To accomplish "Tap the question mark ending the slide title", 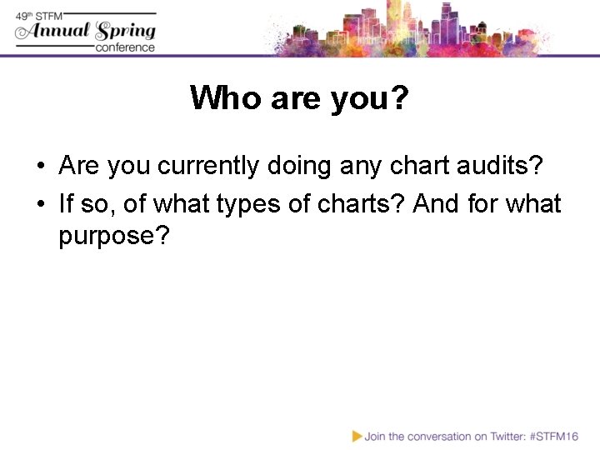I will pyautogui.click(x=399, y=98).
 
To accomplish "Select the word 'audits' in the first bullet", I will pyautogui.click(x=496, y=166).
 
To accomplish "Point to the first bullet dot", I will pyautogui.click(x=41, y=167).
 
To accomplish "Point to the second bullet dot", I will pyautogui.click(x=41, y=204).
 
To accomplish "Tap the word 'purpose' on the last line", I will pyautogui.click(x=106, y=236).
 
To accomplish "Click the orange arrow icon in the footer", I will pyautogui.click(x=357, y=435).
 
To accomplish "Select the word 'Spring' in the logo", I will pyautogui.click(x=125, y=32).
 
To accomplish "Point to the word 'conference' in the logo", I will pyautogui.click(x=125, y=47).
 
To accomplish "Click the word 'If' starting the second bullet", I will pyautogui.click(x=66, y=203).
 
